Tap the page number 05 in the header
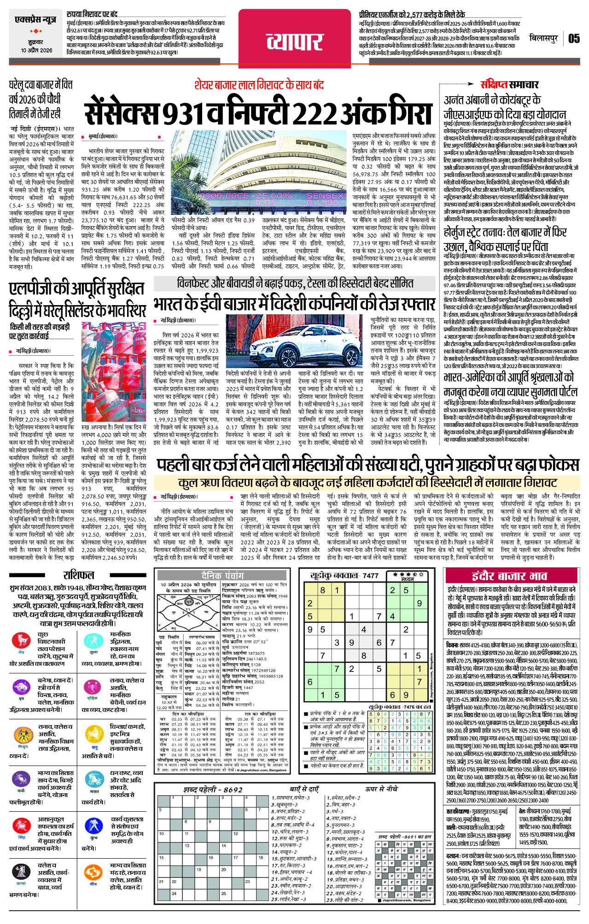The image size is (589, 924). click(x=574, y=38)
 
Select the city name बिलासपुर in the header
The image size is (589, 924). click(x=543, y=38)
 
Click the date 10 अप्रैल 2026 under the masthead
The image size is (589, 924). click(x=36, y=50)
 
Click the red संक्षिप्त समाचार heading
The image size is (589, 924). click(x=509, y=84)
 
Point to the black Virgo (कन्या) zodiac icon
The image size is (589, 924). click(x=21, y=872)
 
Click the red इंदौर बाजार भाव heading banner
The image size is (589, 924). click(x=509, y=576)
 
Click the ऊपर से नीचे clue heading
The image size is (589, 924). click(x=382, y=789)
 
